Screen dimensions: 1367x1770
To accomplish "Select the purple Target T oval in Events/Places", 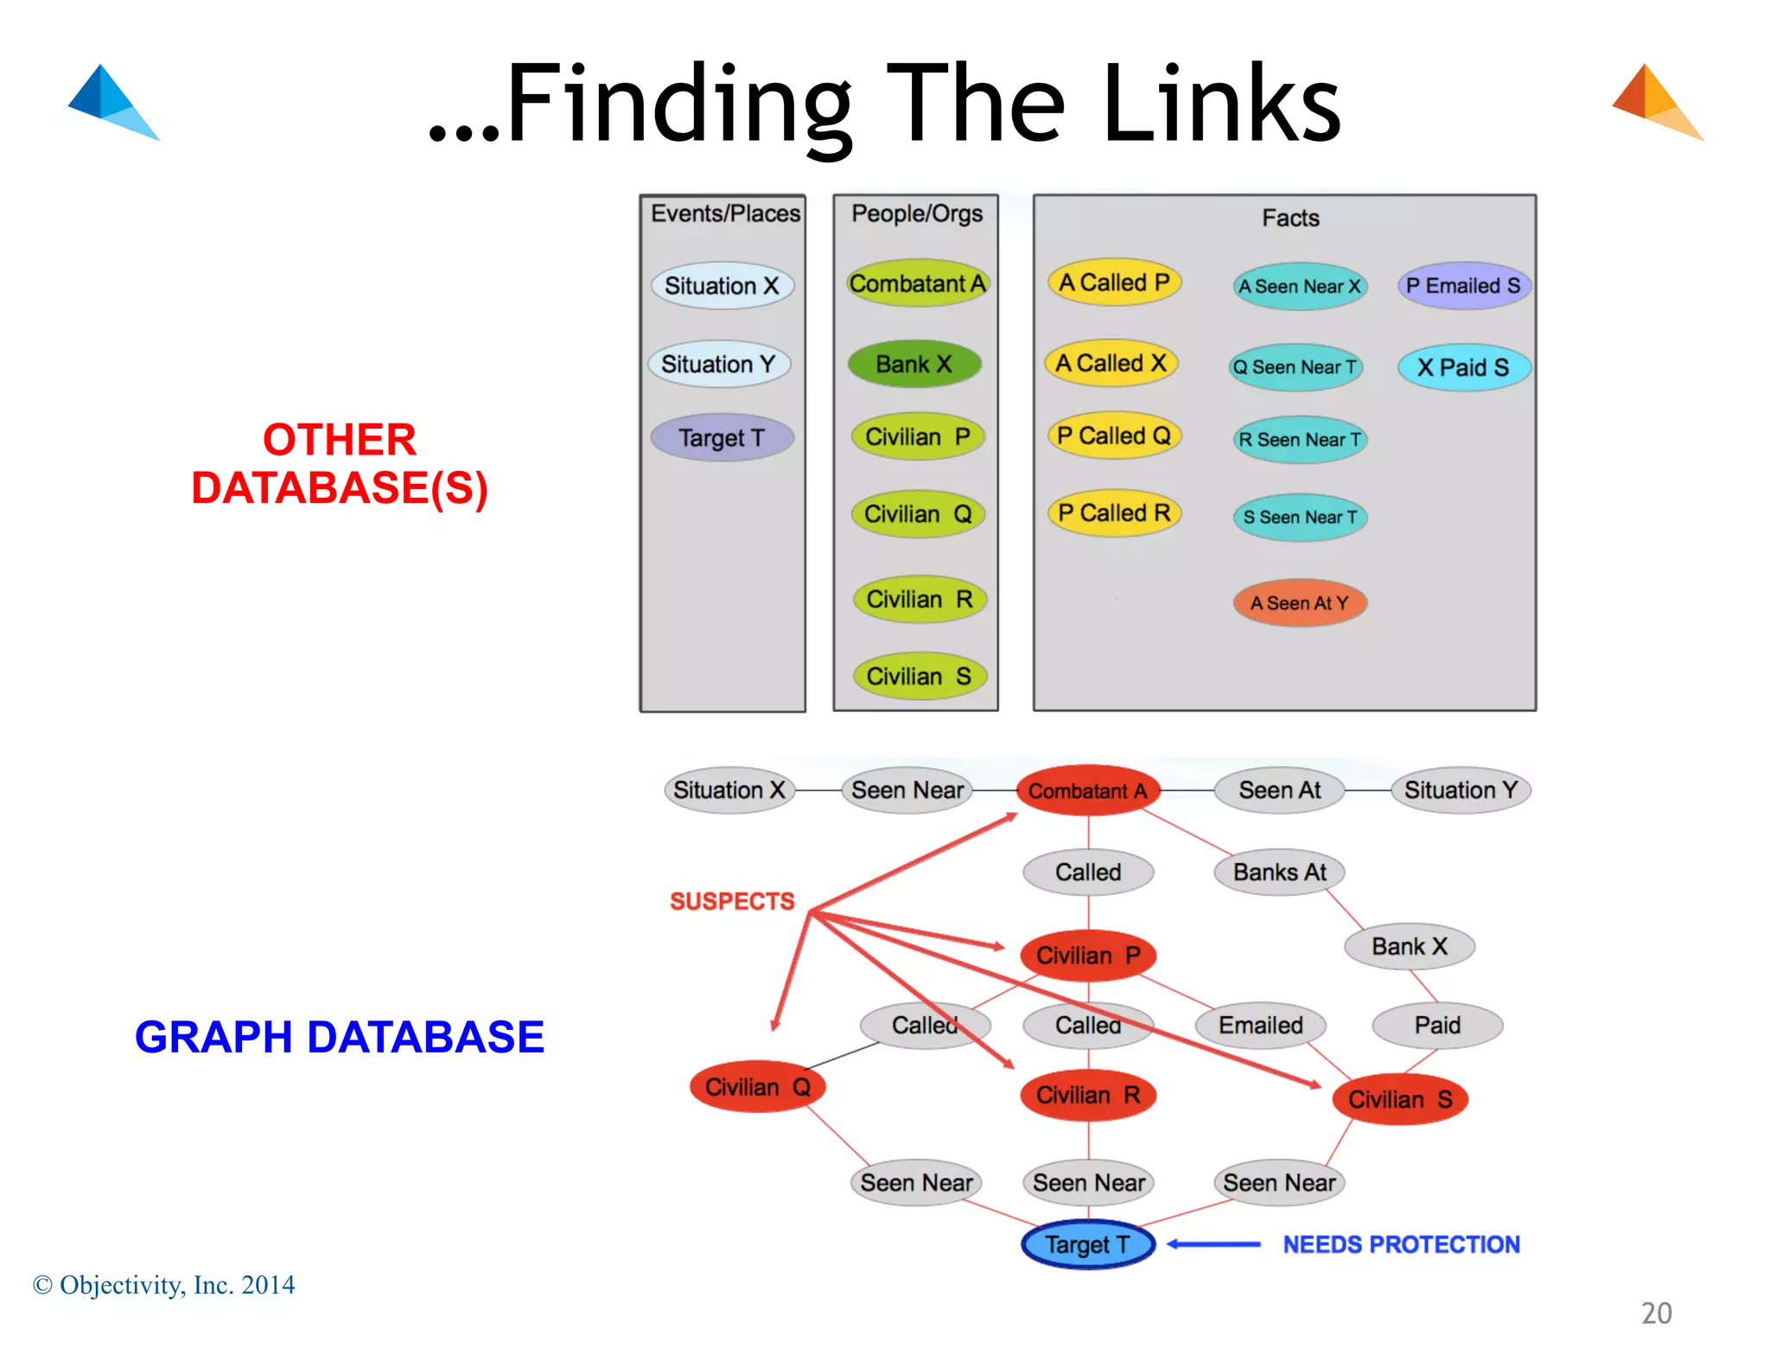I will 722,438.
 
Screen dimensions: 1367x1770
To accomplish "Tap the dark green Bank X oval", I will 914,364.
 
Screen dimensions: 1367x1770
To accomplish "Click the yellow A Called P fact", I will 1113,283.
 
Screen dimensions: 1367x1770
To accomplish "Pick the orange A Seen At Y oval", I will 1299,603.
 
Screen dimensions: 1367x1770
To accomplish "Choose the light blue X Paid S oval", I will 1463,367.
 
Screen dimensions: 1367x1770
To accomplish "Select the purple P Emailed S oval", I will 1463,286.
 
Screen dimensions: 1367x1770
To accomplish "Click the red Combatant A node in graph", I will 1087,791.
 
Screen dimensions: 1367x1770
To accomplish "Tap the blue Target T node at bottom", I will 1087,1244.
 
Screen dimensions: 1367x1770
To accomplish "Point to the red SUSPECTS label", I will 732,901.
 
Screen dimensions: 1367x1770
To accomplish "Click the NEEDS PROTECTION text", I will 1401,1244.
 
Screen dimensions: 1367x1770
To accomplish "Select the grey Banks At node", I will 1279,872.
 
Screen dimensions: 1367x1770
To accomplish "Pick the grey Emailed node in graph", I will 1260,1026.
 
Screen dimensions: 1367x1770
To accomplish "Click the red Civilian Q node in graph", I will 757,1087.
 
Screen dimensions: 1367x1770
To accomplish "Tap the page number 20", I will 1656,1313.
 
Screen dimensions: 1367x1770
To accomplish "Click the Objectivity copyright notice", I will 164,1285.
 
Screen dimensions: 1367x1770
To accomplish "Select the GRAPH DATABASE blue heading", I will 339,1037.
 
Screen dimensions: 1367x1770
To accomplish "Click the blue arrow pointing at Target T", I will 1213,1244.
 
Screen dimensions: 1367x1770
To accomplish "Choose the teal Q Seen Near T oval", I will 1295,367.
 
